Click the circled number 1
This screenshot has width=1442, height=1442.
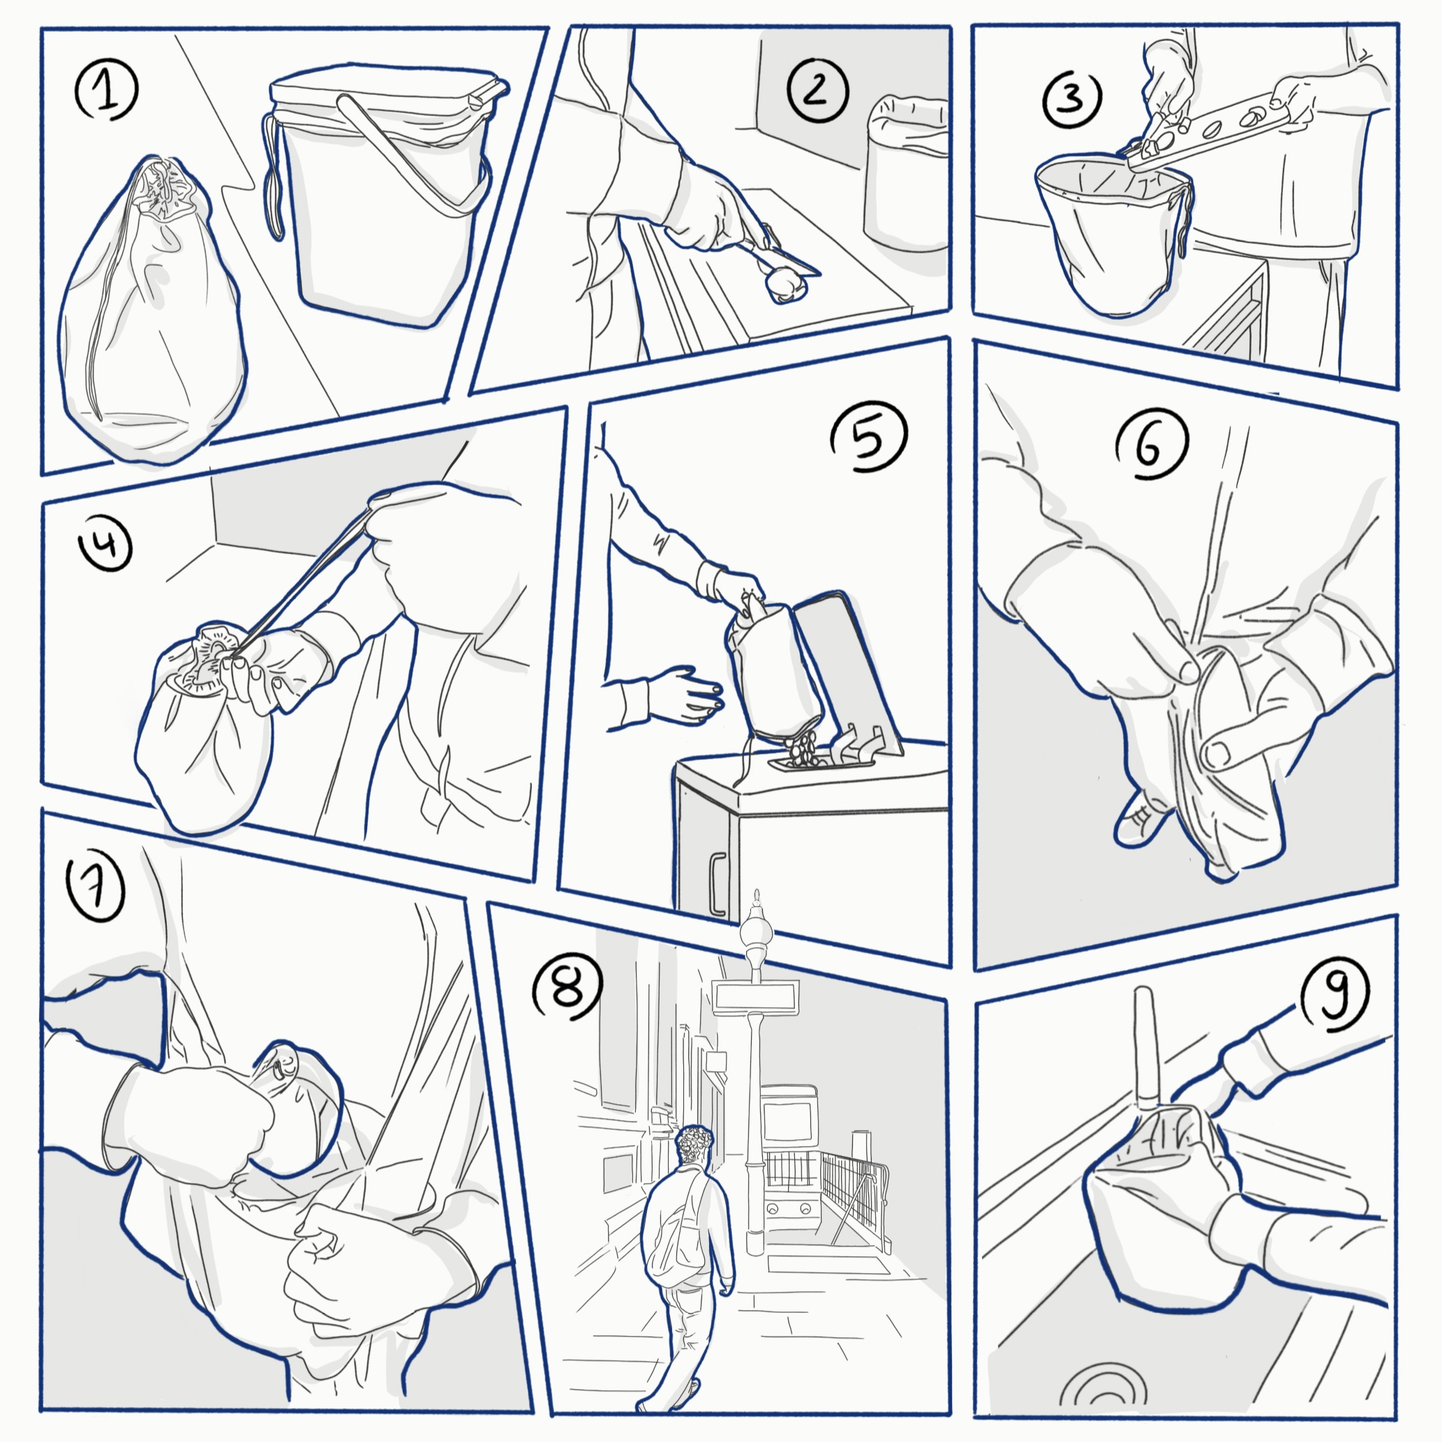click(x=107, y=91)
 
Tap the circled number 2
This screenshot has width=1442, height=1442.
click(x=818, y=91)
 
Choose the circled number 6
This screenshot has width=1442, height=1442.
click(x=1152, y=445)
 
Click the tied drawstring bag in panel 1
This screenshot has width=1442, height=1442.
click(x=153, y=313)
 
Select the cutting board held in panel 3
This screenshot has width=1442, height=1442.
click(x=1209, y=127)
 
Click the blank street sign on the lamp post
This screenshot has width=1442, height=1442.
click(x=755, y=996)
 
